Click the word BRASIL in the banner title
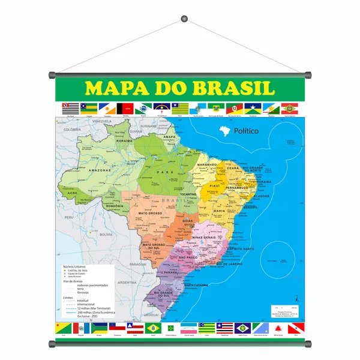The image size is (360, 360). [226, 88]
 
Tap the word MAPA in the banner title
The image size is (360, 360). [116, 88]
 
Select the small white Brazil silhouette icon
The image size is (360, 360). [225, 130]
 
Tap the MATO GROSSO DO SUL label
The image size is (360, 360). [155, 245]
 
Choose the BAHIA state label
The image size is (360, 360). [220, 211]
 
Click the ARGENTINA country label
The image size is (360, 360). [127, 281]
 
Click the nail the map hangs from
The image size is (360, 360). [182, 22]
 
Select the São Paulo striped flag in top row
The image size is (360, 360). [71, 108]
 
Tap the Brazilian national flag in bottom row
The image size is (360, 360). [152, 328]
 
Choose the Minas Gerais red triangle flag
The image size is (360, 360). [278, 328]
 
